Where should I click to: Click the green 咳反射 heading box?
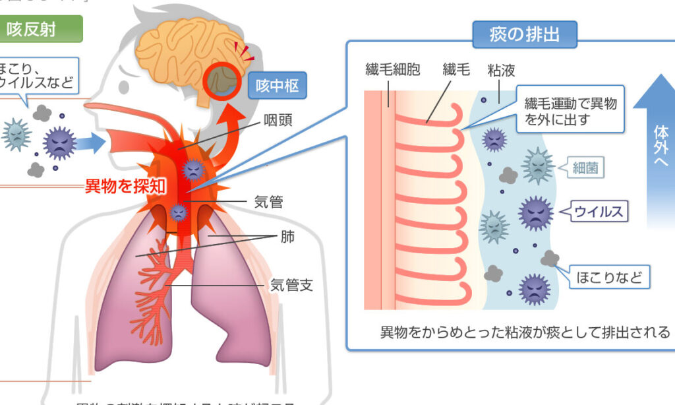tap(41, 29)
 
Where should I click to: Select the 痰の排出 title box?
tap(524, 35)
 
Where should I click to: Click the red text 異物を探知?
tap(126, 187)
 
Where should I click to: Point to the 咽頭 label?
tap(278, 120)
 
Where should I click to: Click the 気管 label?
tap(268, 202)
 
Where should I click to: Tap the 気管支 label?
tap(291, 285)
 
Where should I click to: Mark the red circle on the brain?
tap(221, 82)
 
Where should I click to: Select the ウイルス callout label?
tap(599, 212)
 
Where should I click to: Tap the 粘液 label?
tap(501, 69)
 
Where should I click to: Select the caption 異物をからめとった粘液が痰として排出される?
tap(525, 332)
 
